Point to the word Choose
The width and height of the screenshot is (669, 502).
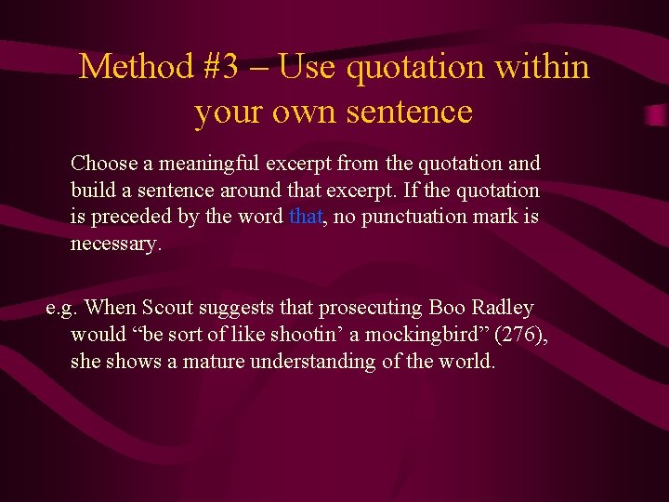[x=104, y=164]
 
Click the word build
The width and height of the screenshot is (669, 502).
[x=91, y=191]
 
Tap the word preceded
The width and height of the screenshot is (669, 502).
[x=136, y=218]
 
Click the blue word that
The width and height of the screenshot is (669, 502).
[x=306, y=218]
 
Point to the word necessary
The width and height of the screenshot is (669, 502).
[x=114, y=244]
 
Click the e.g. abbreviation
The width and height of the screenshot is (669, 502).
[x=62, y=308]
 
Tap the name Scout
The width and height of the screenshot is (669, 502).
[x=166, y=308]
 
